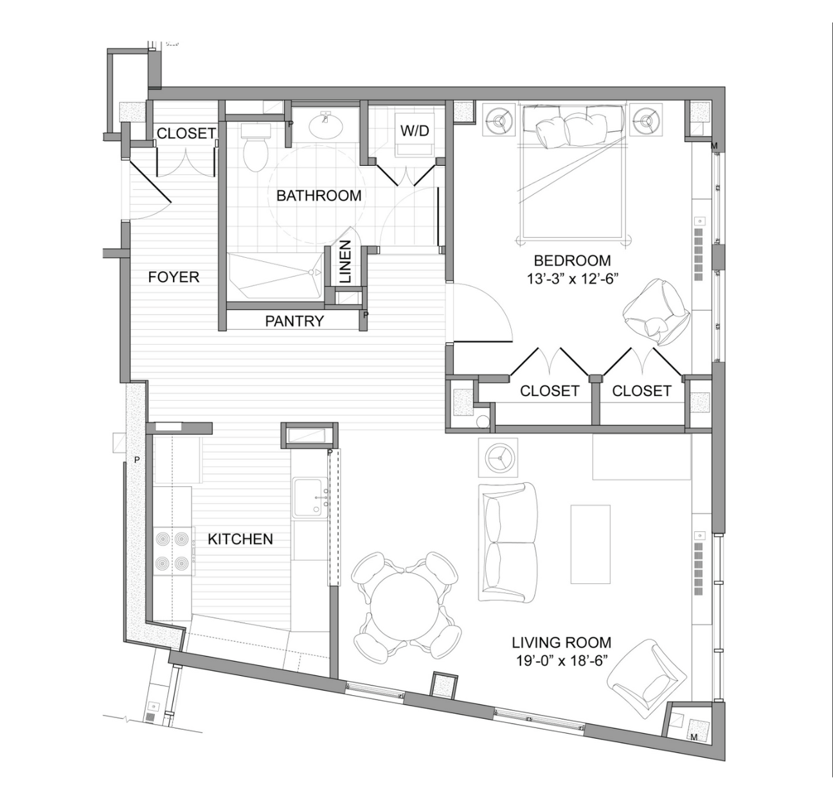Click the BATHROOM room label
pos(319,195)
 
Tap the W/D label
pos(415,131)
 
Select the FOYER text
pos(174,277)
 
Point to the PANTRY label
pos(294,321)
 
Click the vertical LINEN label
pos(345,262)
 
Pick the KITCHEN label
pos(240,539)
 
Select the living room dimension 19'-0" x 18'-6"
pos(561,660)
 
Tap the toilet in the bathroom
pos(255,148)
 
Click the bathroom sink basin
pos(327,125)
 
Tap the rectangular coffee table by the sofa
pos(590,544)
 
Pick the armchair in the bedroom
pos(656,312)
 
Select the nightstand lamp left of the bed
pos(498,119)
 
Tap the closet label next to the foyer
pos(186,133)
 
